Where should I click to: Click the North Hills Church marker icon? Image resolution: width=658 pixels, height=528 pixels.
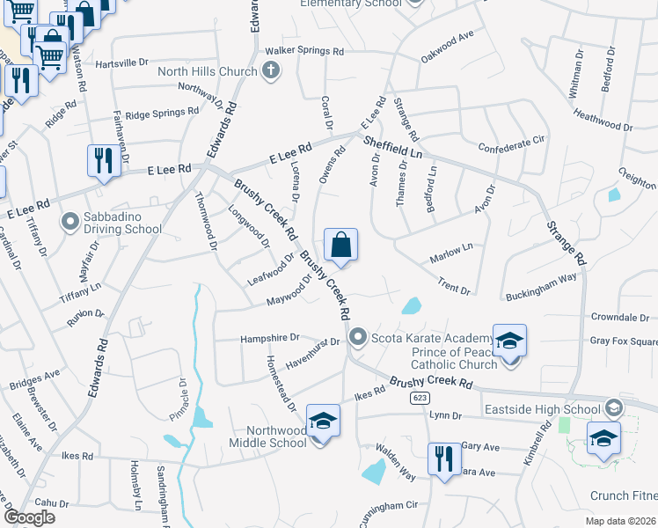tap(271, 72)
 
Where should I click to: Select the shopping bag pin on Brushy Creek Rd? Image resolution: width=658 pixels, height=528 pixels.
tap(340, 244)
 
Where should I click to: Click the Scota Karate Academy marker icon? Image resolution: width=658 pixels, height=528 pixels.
tap(358, 338)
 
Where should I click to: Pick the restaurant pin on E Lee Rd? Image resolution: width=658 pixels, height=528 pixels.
tap(104, 161)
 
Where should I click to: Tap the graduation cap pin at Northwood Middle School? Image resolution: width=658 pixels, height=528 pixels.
tap(323, 422)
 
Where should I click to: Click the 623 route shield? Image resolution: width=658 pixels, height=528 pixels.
tap(419, 398)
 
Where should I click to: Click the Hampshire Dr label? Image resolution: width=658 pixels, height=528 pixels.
tap(270, 337)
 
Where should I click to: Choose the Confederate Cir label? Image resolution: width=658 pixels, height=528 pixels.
tap(512, 143)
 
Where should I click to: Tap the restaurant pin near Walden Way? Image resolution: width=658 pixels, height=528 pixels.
tap(442, 458)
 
